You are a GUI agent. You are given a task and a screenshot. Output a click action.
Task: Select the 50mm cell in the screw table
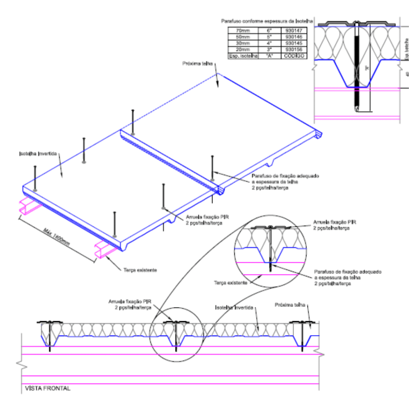click(x=243, y=37)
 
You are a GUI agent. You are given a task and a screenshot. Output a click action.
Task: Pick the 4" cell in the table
click(x=269, y=43)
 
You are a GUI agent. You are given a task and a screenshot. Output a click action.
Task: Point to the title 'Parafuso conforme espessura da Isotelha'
click(x=267, y=20)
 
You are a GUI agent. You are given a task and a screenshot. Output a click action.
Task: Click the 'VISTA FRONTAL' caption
click(x=48, y=388)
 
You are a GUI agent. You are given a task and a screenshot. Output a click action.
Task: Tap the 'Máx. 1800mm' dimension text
click(x=56, y=237)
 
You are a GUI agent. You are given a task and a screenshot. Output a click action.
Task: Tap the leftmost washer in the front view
click(x=50, y=322)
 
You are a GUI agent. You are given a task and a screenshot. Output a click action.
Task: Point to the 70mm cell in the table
click(x=243, y=30)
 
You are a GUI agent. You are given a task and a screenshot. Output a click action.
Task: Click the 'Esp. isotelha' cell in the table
click(x=243, y=56)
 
